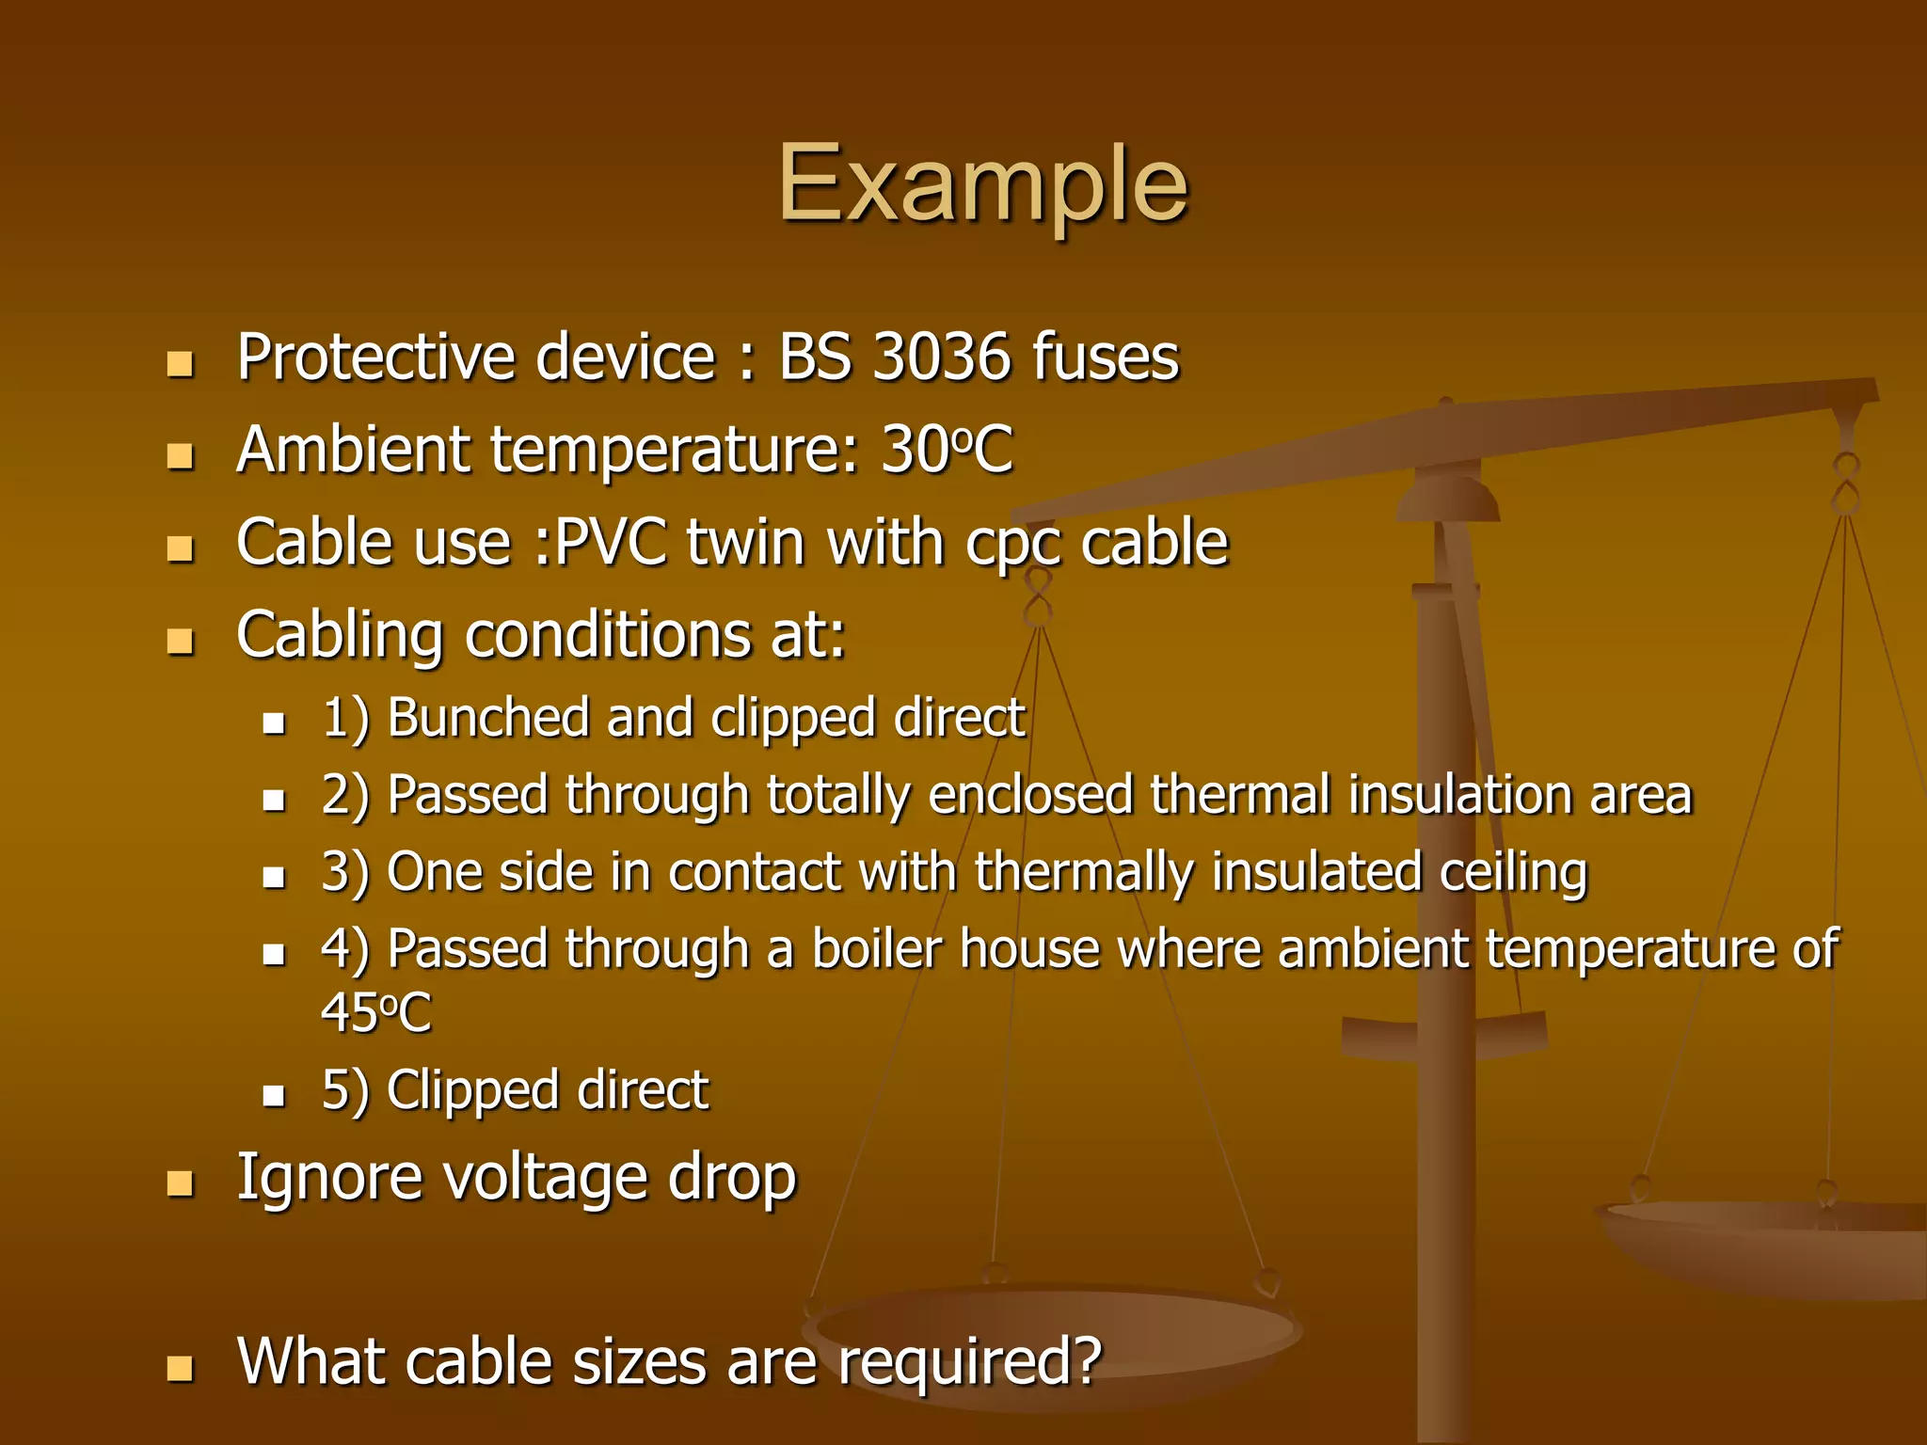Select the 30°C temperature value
[947, 450]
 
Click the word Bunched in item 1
[487, 718]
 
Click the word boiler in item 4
[876, 948]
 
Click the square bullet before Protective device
[179, 363]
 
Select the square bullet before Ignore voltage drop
[179, 1183]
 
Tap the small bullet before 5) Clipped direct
[274, 1095]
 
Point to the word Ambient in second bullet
[353, 450]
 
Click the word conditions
[608, 635]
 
